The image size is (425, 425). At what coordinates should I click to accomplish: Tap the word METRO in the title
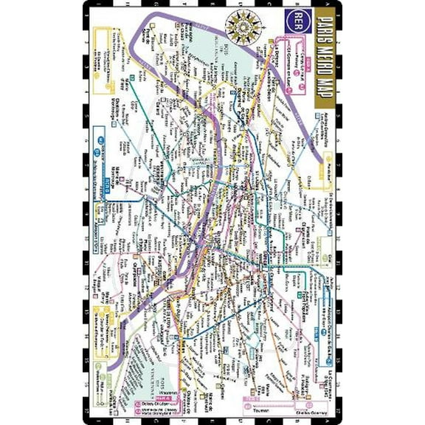click(324, 70)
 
